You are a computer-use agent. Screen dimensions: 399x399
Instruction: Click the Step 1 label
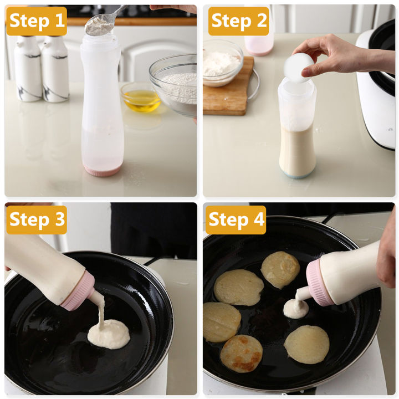(x=37, y=21)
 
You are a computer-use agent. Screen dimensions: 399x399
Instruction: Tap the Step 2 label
(x=238, y=21)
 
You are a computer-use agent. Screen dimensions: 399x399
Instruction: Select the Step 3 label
(x=37, y=219)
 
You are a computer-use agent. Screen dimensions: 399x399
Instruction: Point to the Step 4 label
(x=236, y=219)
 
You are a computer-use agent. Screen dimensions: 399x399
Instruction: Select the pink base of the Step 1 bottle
(x=102, y=170)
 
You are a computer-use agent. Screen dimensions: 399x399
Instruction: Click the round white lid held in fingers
(x=298, y=68)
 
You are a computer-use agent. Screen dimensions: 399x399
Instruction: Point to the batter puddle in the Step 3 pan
(x=109, y=334)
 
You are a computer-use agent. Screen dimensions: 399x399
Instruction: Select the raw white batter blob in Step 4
(x=295, y=309)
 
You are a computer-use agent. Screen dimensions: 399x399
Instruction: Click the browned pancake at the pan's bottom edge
(x=241, y=353)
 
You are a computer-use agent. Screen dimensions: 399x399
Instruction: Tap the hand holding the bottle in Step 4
(x=386, y=249)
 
